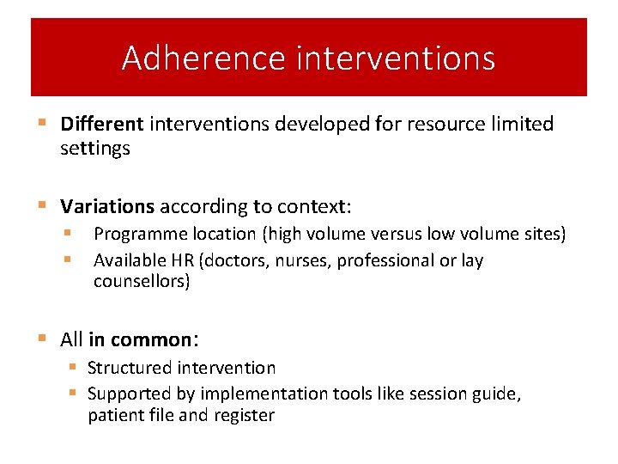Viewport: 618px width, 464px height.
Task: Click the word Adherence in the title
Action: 203,58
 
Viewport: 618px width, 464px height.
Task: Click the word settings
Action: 95,149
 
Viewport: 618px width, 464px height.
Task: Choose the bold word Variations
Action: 107,207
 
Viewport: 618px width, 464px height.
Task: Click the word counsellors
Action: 142,282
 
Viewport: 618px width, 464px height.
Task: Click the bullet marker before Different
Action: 43,125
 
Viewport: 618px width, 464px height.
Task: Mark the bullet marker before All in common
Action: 43,339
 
